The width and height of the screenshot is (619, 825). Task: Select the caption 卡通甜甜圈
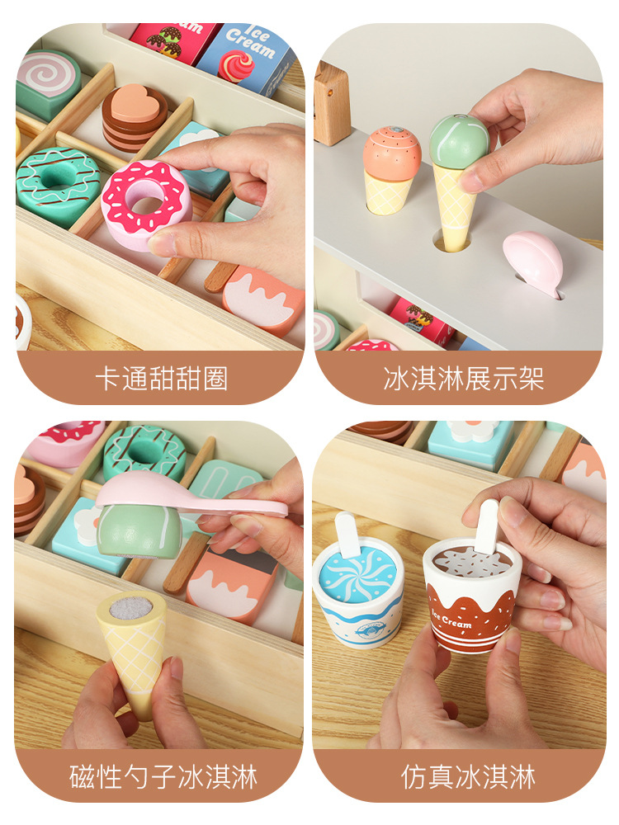tap(162, 379)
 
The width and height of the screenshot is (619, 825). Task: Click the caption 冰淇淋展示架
tap(463, 379)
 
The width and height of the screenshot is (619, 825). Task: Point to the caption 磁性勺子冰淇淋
tap(163, 776)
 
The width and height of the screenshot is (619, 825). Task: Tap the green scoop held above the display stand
tap(459, 141)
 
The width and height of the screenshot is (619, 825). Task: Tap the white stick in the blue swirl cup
tap(348, 534)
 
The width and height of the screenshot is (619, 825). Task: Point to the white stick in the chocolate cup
tap(487, 527)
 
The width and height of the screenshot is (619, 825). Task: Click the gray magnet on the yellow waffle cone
tap(130, 608)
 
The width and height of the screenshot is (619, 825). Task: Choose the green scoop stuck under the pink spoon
tap(139, 530)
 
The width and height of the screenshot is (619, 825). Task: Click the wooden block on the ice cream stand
tap(332, 103)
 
